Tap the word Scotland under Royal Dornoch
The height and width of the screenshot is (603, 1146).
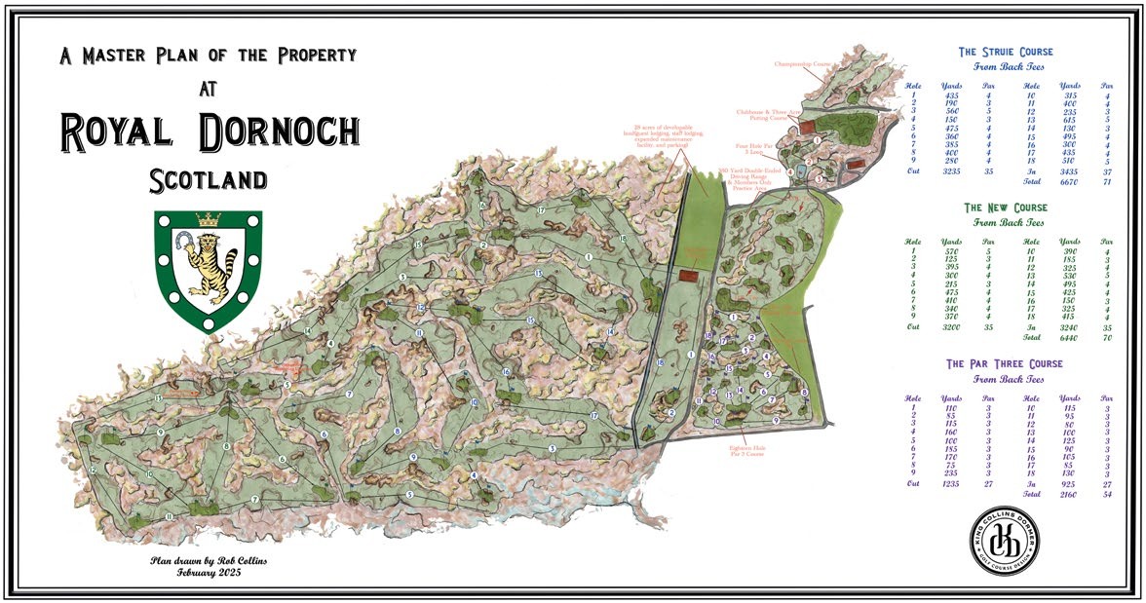tap(209, 180)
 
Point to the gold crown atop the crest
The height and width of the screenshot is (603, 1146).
tap(209, 219)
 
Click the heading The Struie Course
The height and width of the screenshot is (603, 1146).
tap(1008, 52)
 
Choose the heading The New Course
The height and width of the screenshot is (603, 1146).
tap(1006, 207)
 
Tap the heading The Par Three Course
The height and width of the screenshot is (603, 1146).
tap(1005, 363)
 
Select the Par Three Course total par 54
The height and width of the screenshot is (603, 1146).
tap(1107, 494)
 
